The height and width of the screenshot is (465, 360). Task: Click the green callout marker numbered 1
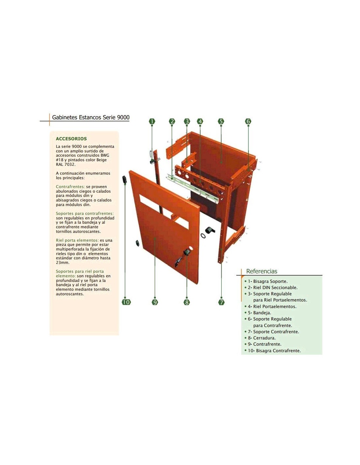point(152,121)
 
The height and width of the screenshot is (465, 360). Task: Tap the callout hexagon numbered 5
point(221,121)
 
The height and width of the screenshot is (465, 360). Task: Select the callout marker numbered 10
point(126,302)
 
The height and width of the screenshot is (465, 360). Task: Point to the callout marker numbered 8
point(187,302)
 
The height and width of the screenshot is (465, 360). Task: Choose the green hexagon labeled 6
point(248,121)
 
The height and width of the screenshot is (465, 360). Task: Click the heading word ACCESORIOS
point(71,139)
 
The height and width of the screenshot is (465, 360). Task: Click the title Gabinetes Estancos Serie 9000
point(91,117)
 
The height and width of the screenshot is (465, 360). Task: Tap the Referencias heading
point(261,271)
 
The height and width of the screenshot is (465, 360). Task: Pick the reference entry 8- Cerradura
point(261,338)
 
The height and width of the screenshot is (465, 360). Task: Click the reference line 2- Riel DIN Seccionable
point(273,287)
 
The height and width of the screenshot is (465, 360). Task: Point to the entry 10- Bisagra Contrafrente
point(274,351)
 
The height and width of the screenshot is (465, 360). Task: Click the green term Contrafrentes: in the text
point(70,187)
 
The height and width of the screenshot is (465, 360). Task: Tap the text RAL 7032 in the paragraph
point(65,164)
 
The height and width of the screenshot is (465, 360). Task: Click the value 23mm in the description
point(62,262)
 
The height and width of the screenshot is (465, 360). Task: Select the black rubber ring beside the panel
point(203,235)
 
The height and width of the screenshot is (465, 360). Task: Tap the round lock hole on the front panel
point(190,249)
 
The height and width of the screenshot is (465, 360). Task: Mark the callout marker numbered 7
point(221,302)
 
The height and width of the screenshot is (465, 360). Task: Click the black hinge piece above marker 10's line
point(124,179)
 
